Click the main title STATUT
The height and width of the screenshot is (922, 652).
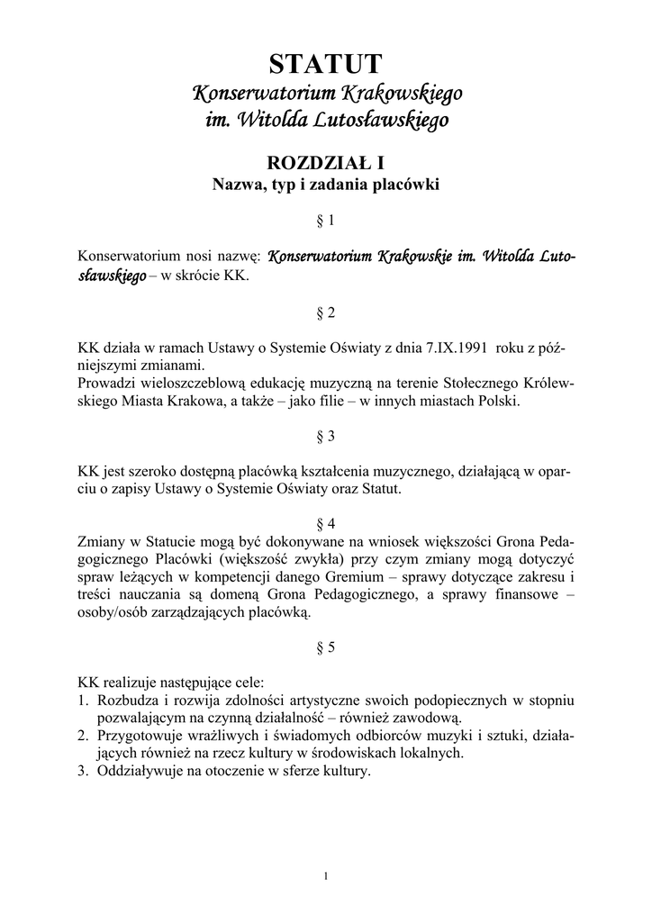click(326, 64)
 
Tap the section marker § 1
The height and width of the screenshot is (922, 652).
click(326, 220)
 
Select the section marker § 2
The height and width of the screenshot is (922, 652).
click(326, 313)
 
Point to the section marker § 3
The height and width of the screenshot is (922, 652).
click(326, 436)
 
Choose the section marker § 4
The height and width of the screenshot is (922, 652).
click(326, 523)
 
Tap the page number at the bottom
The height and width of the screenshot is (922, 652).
click(326, 874)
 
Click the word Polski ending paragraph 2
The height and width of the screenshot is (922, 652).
click(498, 401)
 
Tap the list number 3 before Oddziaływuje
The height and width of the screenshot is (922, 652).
click(82, 772)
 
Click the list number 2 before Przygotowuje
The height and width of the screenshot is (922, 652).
click(82, 736)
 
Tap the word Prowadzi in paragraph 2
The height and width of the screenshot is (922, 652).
click(105, 384)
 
